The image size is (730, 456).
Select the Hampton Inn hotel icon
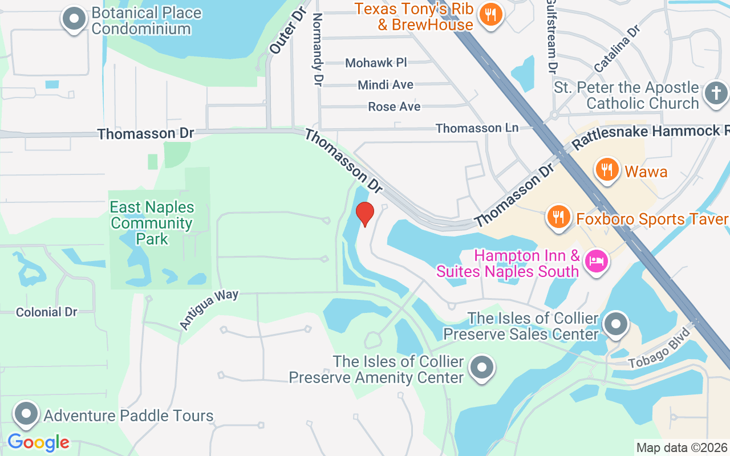597,262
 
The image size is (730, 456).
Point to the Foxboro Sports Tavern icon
558,218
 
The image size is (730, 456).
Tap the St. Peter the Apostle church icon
716,93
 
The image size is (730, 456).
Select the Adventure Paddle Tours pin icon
26,414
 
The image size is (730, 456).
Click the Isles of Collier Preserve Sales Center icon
615,325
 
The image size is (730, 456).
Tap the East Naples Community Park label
152,222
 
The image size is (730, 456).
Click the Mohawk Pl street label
376,63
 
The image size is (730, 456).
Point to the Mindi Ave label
386,85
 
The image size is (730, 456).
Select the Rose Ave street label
394,107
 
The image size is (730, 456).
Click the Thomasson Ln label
477,128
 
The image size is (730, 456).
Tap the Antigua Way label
209,308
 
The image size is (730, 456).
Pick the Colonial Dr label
46,312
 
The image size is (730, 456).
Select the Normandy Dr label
317,50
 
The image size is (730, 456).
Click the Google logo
38,442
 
